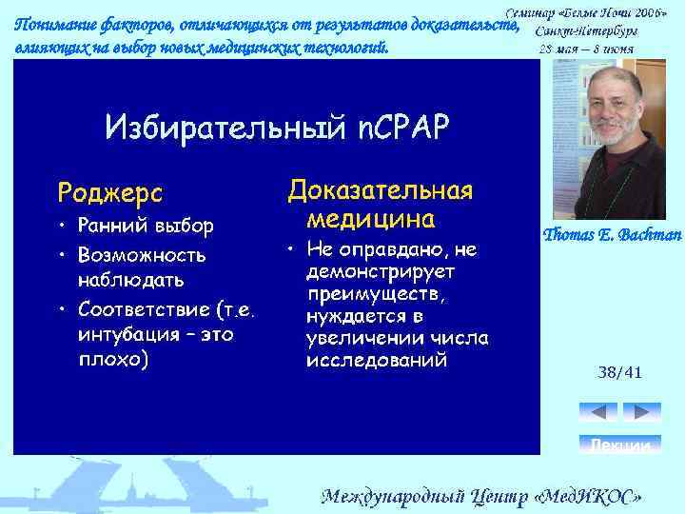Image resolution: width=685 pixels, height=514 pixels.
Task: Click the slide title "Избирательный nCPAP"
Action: pos(277,127)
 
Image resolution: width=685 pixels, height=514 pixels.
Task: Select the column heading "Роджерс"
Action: pos(110,192)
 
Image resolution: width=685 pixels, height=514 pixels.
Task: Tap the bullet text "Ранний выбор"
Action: pos(147,227)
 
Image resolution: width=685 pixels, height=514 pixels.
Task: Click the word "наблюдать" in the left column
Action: pos(131,282)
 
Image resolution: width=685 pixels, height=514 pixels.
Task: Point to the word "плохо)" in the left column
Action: pos(113,361)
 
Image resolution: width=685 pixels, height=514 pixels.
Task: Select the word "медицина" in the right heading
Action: pos(371,220)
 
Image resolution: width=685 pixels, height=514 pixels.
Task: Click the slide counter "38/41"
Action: pos(619,372)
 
